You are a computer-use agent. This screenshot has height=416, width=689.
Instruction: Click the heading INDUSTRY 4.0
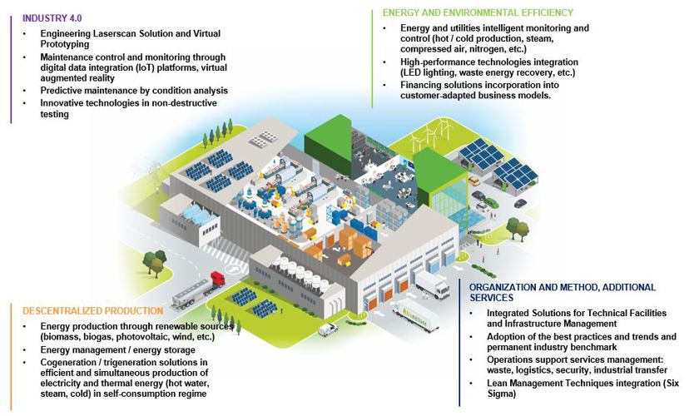52,18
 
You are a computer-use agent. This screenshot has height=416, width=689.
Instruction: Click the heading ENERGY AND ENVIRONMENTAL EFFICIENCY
478,12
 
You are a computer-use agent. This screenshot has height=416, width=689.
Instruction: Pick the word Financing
420,85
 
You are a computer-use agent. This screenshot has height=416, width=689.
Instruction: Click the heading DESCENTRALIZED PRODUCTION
92,311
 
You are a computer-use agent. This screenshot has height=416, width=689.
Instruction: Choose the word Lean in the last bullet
497,383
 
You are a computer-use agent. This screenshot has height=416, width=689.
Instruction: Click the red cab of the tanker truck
218,278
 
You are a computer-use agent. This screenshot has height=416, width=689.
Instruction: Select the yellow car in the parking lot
473,181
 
